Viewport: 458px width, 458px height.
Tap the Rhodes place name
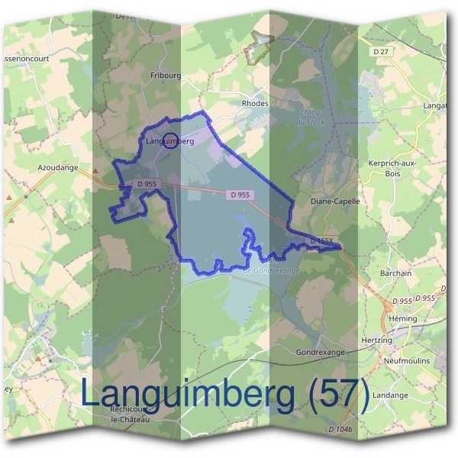click(254, 104)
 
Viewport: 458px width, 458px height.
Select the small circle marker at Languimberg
click(171, 140)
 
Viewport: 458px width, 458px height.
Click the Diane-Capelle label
click(335, 202)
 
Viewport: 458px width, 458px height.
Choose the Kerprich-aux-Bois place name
click(393, 169)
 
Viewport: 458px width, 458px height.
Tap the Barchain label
click(395, 273)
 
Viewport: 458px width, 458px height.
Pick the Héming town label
click(402, 318)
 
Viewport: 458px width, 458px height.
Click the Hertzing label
click(375, 340)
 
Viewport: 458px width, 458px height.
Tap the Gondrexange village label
click(320, 353)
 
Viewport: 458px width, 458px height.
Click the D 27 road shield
click(382, 50)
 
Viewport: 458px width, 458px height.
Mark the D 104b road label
click(340, 431)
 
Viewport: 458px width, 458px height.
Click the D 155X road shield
click(321, 240)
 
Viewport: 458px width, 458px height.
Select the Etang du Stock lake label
click(308, 115)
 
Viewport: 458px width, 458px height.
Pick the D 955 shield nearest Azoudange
click(147, 184)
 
